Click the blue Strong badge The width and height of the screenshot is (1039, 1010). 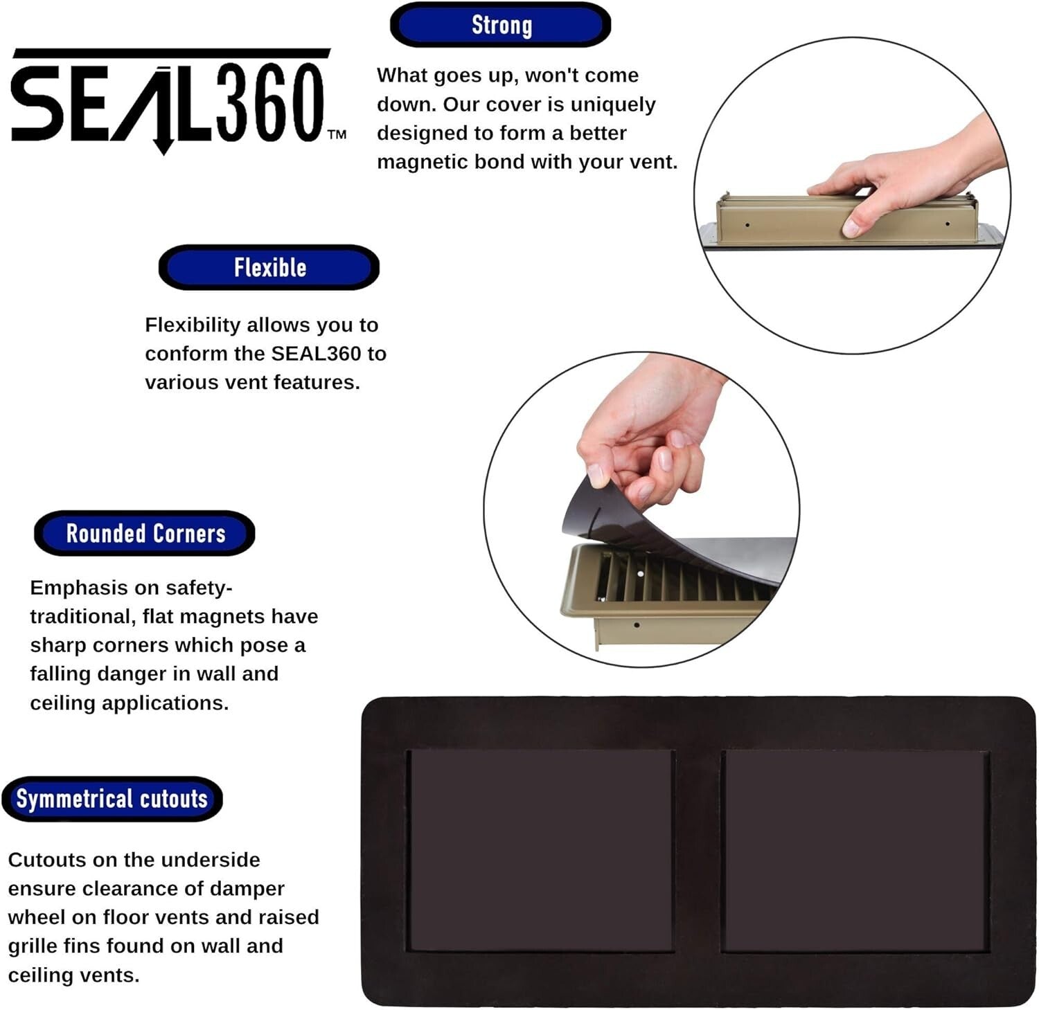[500, 25]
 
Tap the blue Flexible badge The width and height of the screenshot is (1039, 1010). [269, 267]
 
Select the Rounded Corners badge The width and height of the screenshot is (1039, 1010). [145, 534]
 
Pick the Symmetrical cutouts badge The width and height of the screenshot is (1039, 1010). [112, 799]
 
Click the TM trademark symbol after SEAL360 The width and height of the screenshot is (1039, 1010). [337, 134]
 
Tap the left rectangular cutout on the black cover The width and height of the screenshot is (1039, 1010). [540, 850]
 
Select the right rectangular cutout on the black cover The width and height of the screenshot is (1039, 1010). [855, 850]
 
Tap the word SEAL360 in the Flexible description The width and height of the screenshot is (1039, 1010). [316, 354]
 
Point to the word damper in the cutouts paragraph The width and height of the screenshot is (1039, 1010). [247, 888]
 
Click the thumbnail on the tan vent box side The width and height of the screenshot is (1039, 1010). [851, 228]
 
